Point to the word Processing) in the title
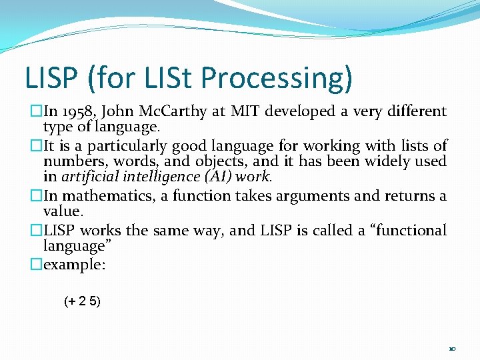tap(276, 79)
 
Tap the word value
tap(63, 211)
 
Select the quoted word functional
tap(407, 230)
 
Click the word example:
tap(75, 265)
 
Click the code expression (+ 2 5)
tap(82, 301)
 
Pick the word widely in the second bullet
tap(395, 161)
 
